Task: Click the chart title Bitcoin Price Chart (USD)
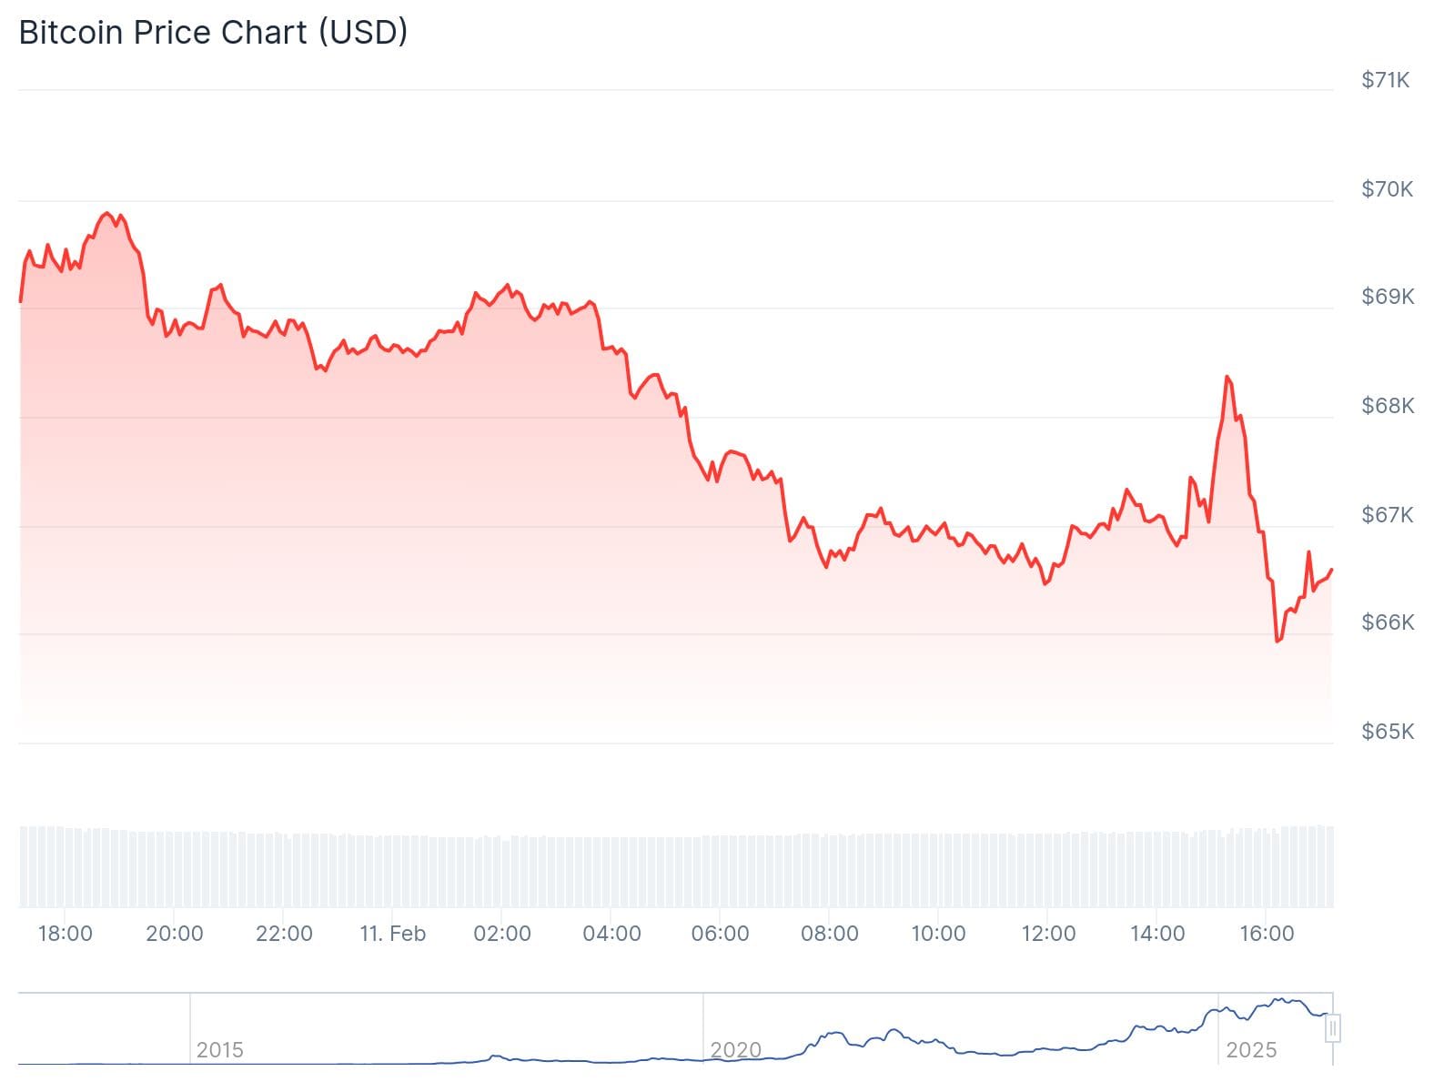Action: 213,33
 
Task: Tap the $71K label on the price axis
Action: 1385,80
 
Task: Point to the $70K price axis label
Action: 1387,189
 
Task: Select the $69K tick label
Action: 1387,297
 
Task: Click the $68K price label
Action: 1387,406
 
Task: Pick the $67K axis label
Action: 1387,515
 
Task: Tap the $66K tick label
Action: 1387,622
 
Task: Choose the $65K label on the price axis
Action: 1387,732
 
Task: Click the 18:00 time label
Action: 66,934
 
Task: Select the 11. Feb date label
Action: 392,934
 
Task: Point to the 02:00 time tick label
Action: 502,934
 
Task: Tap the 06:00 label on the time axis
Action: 721,934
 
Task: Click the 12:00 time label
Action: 1048,934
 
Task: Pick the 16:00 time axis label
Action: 1267,934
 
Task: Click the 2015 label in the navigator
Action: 220,1050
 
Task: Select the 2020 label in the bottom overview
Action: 735,1050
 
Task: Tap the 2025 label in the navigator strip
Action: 1251,1050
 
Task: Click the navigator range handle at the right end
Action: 1333,1029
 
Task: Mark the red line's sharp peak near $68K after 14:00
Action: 1227,377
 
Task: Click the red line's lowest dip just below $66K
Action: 1277,642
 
